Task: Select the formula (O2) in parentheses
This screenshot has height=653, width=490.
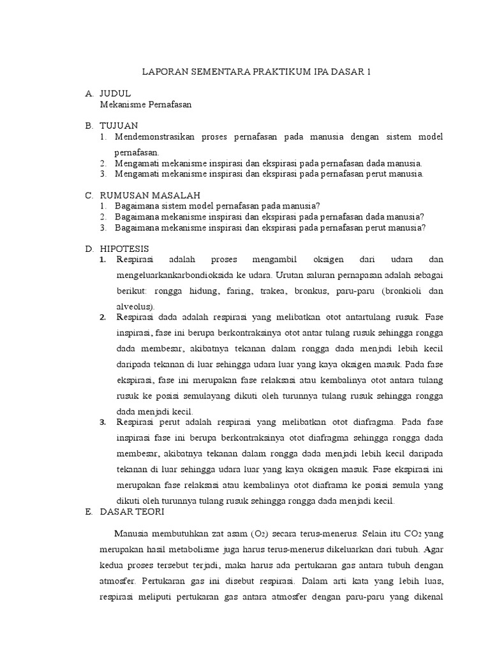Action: click(265, 534)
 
